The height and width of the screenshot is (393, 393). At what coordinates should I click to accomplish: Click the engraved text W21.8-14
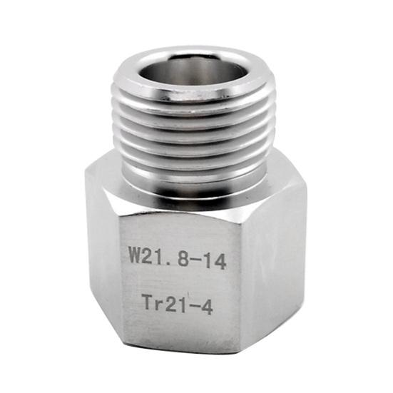[x=178, y=260]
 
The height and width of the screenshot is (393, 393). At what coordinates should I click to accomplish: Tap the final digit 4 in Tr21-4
[x=208, y=309]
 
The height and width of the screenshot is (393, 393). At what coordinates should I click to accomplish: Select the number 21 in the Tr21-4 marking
[x=175, y=307]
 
